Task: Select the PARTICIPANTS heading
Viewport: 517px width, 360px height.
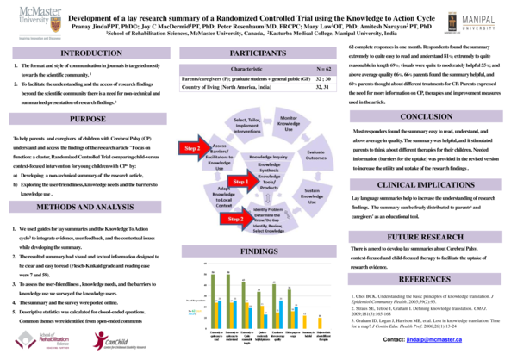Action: tap(258, 53)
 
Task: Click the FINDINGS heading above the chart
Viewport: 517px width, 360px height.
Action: tap(258, 251)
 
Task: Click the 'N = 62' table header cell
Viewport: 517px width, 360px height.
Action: tap(301, 67)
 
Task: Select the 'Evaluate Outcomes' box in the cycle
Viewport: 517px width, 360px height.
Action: tap(316, 153)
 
